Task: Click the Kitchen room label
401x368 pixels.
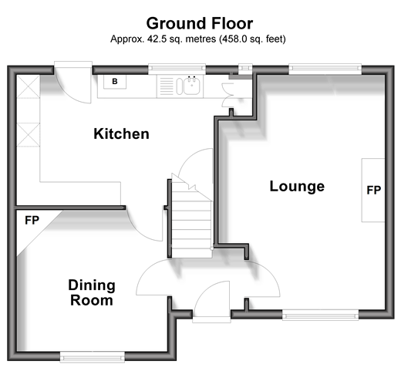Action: (121, 133)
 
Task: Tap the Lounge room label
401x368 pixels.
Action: (297, 187)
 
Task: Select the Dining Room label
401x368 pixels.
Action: (92, 292)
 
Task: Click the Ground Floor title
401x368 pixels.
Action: (200, 23)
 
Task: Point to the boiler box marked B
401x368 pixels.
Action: (115, 82)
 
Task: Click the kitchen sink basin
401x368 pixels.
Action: (192, 86)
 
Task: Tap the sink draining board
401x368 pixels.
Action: (167, 86)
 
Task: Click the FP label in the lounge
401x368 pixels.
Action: (374, 190)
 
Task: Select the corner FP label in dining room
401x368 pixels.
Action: (32, 220)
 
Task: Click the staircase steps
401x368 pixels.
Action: (192, 224)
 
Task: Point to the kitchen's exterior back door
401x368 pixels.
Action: (73, 83)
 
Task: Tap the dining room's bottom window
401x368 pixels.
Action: (93, 357)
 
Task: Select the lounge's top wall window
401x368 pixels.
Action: (325, 69)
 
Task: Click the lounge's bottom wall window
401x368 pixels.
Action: (320, 315)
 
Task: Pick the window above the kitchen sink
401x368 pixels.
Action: (177, 69)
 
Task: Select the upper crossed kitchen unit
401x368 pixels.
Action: (29, 86)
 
